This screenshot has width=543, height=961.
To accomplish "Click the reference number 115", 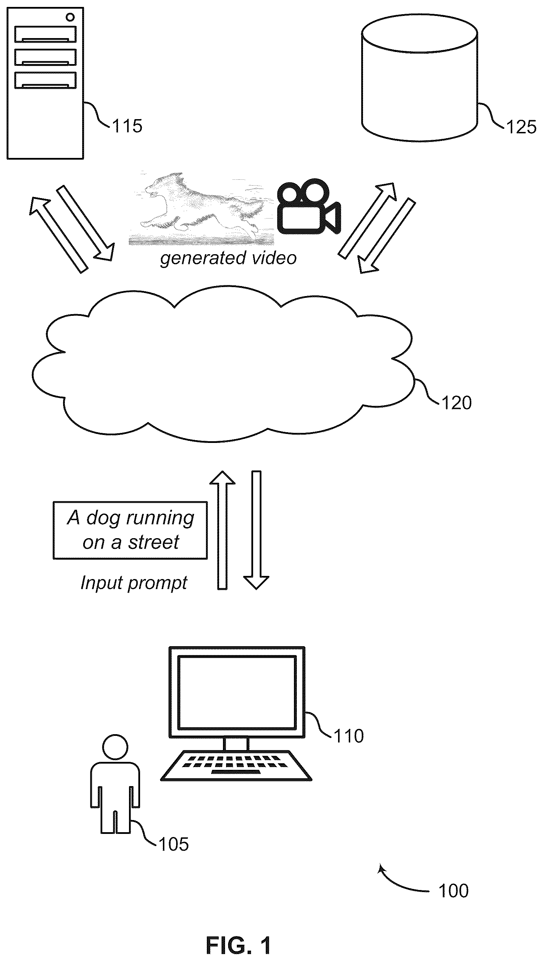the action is click(x=127, y=126).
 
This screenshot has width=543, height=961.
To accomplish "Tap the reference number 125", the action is click(x=522, y=127).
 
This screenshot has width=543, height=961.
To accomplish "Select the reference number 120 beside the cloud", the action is click(x=456, y=403).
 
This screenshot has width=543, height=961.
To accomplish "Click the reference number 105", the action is click(x=174, y=844).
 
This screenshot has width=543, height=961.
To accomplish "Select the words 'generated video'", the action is click(x=228, y=258).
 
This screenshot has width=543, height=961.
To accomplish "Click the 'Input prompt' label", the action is click(x=134, y=583).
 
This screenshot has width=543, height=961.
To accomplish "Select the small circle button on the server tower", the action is click(x=70, y=17).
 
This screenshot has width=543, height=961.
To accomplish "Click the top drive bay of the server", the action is click(x=45, y=34).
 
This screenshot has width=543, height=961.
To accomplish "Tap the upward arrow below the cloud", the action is click(x=223, y=530).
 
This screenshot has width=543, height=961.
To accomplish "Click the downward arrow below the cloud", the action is click(x=256, y=530).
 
